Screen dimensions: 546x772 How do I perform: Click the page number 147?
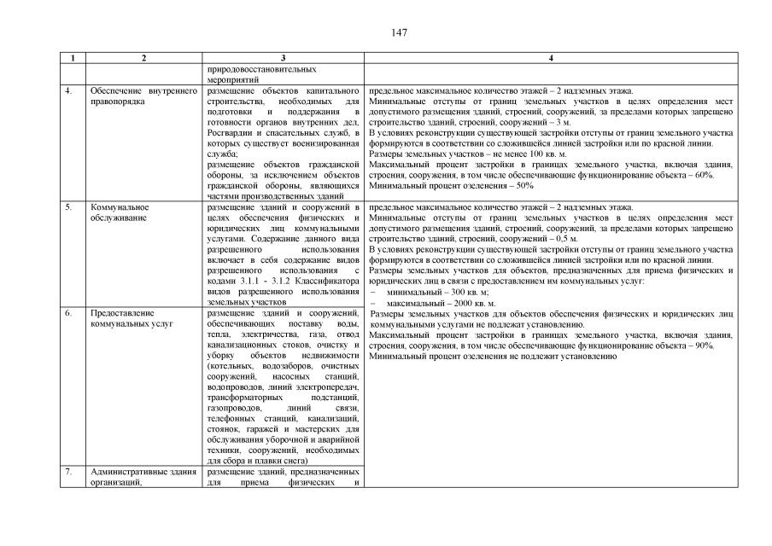point(399,33)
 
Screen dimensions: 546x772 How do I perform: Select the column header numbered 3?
point(283,58)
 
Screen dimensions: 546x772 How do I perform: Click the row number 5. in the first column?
point(67,207)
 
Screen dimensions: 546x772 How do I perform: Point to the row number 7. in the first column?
point(67,472)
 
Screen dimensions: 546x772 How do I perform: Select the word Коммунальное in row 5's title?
point(120,207)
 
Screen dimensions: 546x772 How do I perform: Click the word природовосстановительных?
point(257,68)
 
